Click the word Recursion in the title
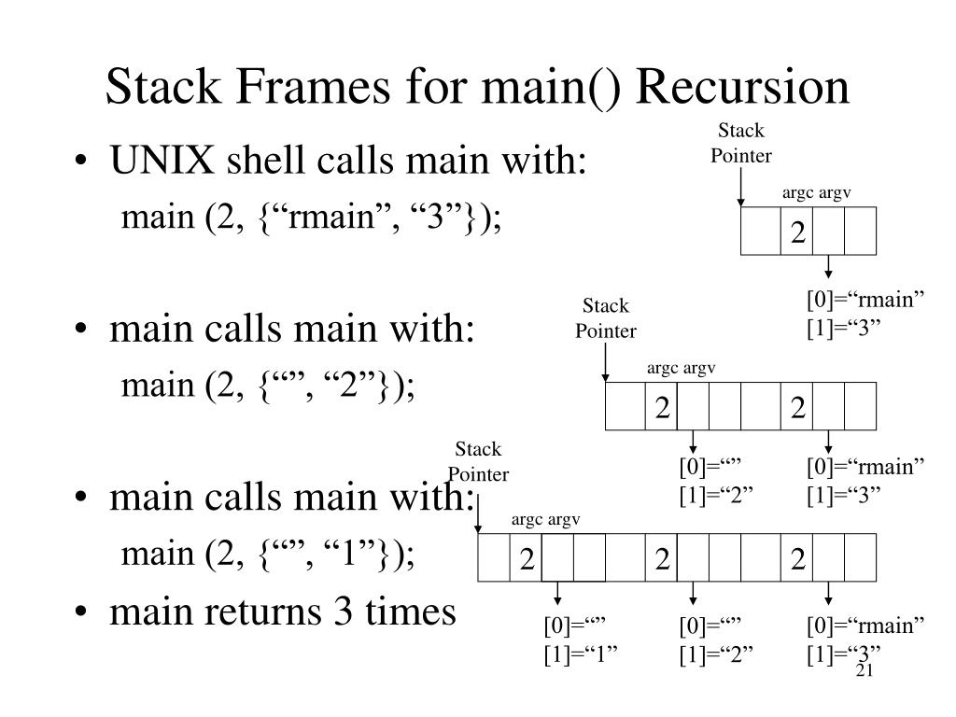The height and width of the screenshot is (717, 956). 742,87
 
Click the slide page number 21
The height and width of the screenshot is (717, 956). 865,670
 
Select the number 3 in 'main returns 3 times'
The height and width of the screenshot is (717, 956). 344,612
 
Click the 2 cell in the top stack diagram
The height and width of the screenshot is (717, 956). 797,232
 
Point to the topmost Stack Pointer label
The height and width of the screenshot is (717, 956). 740,143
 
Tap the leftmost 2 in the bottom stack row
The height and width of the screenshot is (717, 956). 527,559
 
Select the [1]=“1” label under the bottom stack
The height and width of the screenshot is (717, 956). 581,654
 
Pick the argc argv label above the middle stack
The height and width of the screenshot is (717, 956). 681,368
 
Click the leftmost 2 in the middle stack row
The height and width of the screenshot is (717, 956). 662,408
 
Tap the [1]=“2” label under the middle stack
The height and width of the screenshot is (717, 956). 716,495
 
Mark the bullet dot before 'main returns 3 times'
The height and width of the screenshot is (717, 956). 81,612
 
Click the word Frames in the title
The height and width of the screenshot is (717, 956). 312,87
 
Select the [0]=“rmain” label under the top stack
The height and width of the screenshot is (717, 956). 865,300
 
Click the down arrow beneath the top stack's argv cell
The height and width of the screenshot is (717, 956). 828,266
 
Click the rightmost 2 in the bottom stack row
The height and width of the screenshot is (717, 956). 797,559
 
